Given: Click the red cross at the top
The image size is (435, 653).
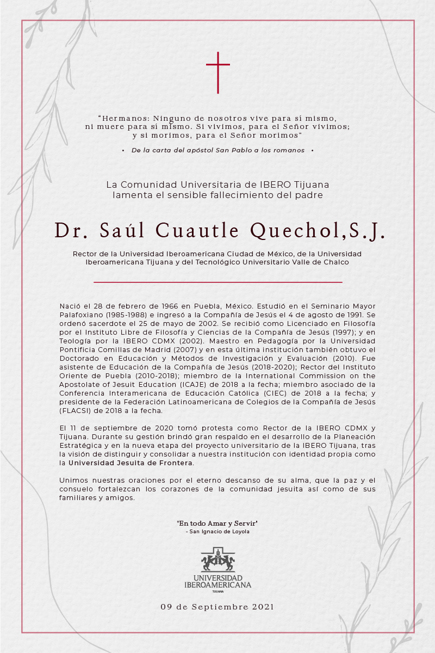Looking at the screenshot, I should [217, 72].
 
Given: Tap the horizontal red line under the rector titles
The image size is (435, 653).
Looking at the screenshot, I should [217, 282].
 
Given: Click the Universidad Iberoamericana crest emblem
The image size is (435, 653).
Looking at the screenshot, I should [217, 559].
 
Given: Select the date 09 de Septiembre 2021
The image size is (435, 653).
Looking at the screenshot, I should [217, 606].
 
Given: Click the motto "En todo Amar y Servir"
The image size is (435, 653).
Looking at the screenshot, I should [217, 523].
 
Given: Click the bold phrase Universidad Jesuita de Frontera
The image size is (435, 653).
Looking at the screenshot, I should [130, 463].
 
